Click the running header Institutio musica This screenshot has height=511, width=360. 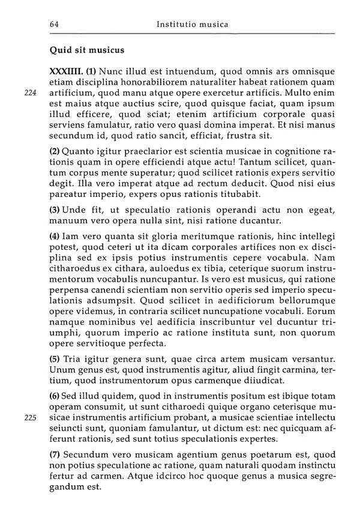tap(192, 25)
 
